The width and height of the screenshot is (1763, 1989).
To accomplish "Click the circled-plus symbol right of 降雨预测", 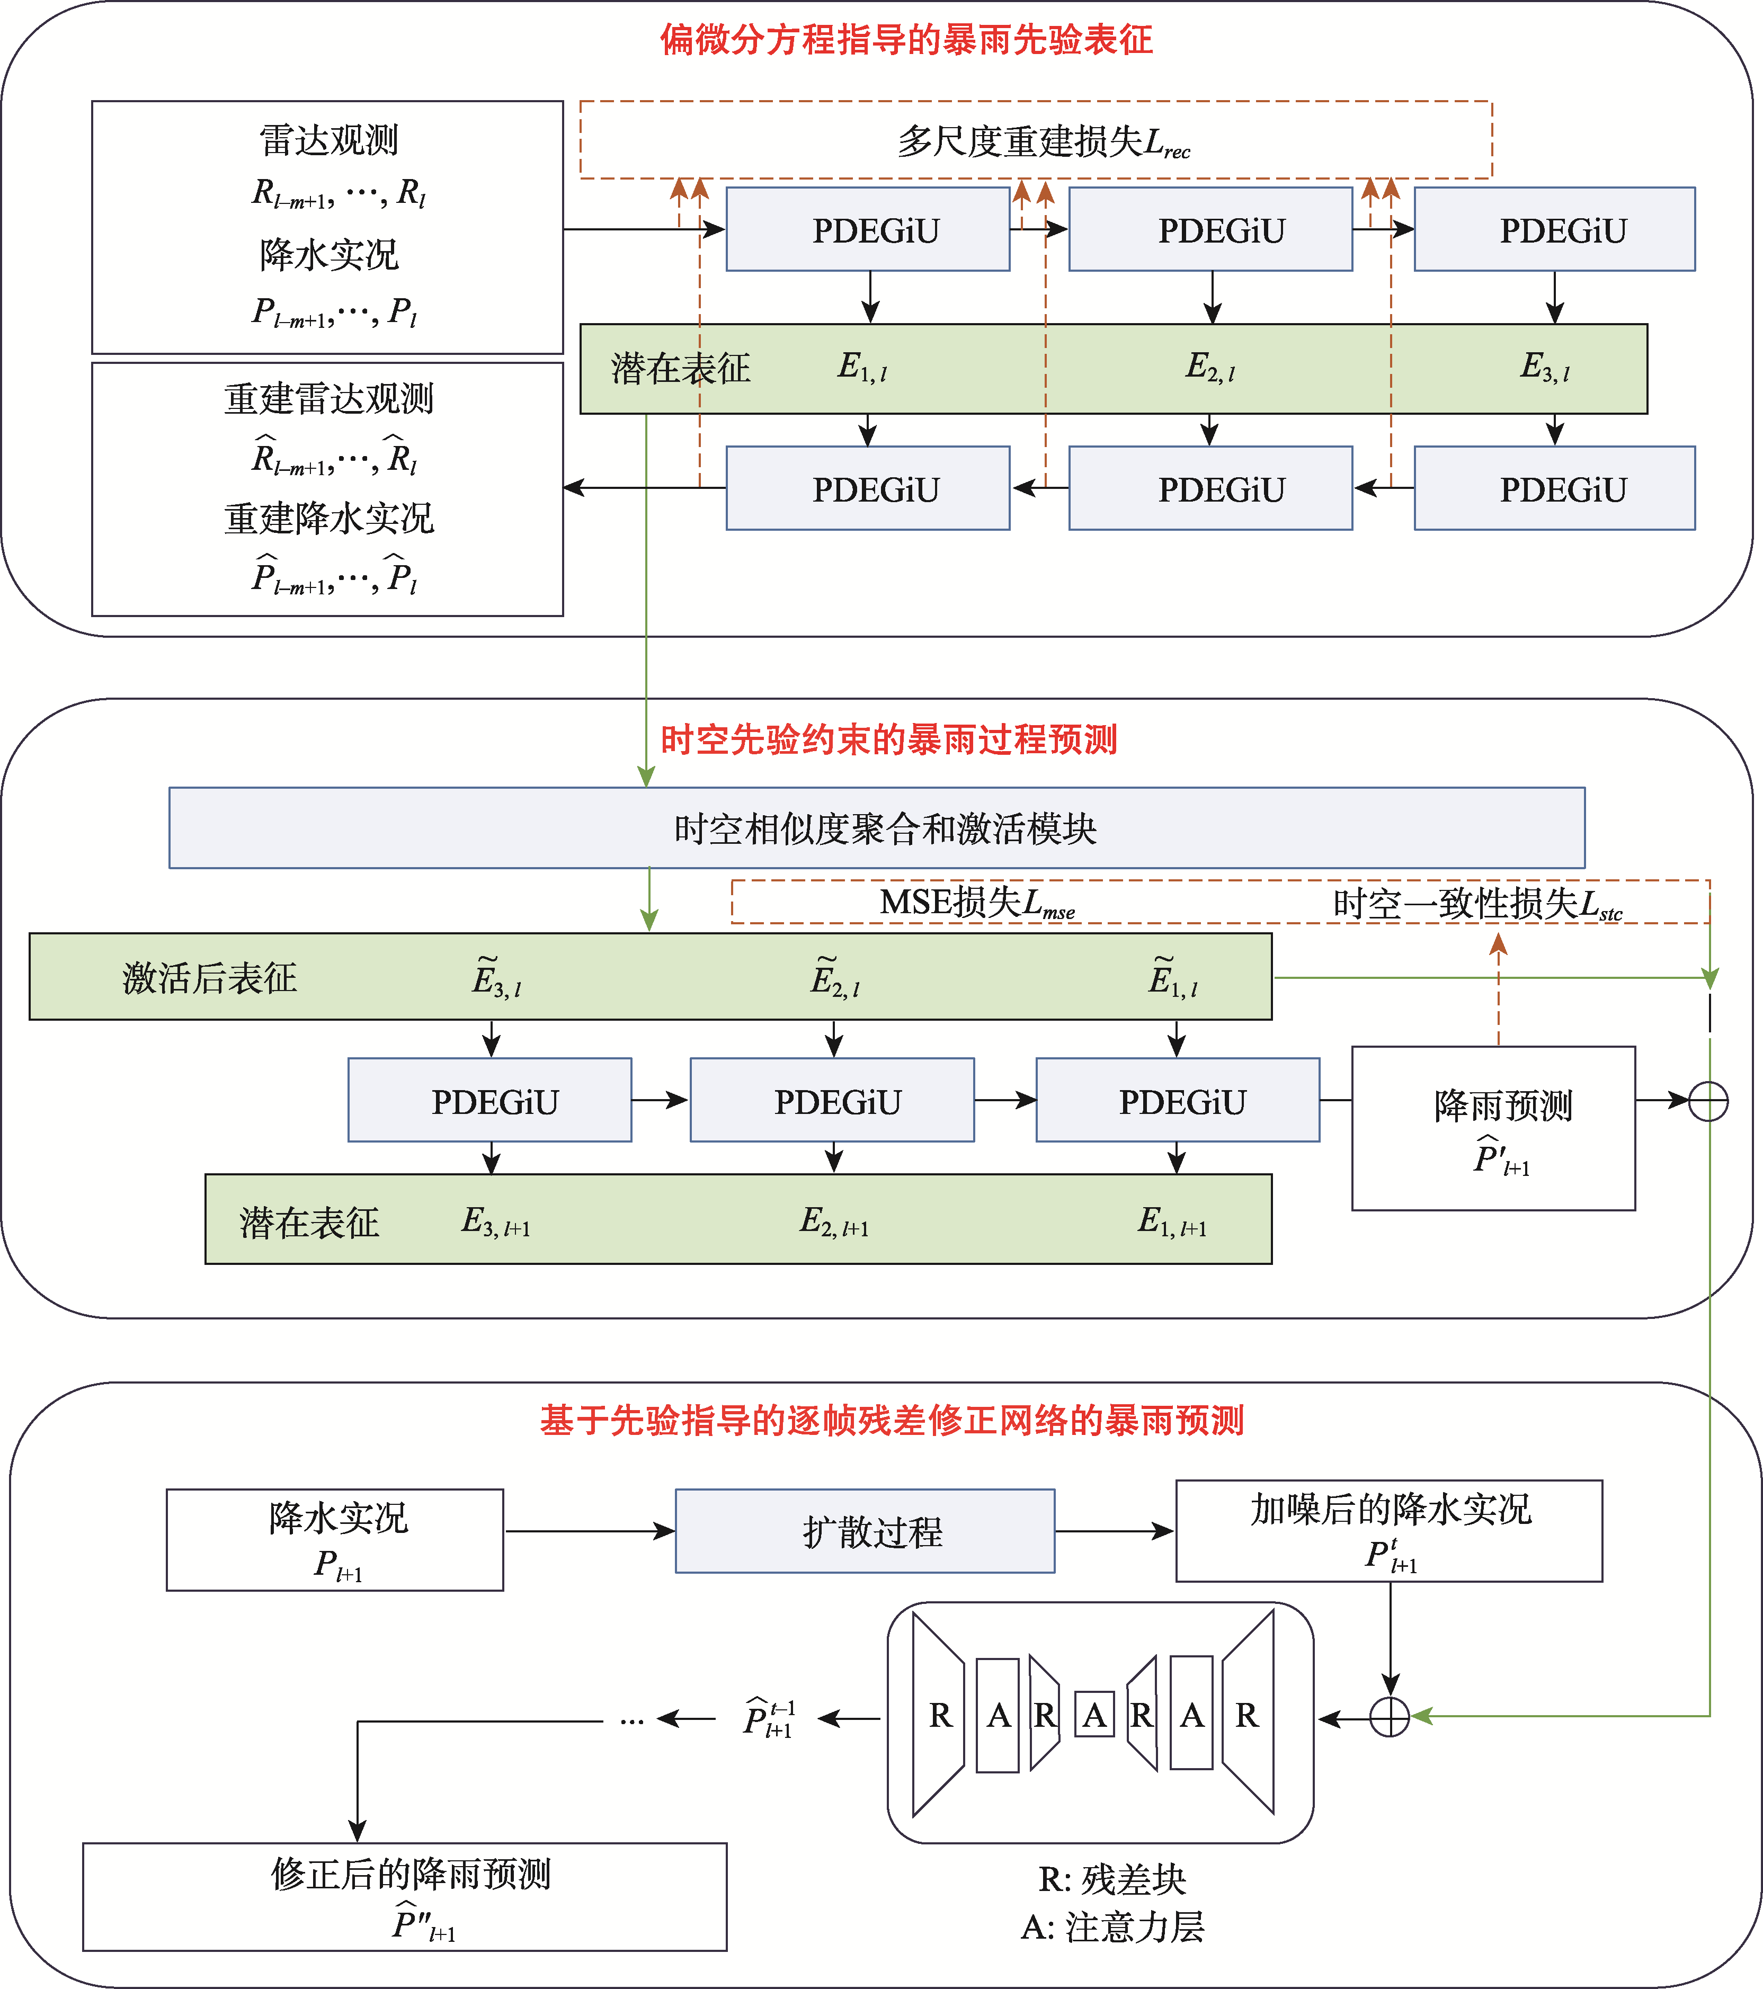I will (x=1708, y=1102).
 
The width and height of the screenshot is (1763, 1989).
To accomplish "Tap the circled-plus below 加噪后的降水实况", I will (x=1390, y=1717).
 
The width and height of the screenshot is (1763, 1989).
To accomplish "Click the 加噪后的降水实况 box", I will (x=1388, y=1531).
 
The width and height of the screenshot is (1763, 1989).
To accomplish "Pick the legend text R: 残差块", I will (x=1112, y=1879).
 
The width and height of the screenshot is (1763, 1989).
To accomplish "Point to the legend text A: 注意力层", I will (x=1112, y=1926).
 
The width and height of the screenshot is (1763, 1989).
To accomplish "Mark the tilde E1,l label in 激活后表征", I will (x=1172, y=978).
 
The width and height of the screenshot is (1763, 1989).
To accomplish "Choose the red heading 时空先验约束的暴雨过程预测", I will (x=888, y=739).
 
